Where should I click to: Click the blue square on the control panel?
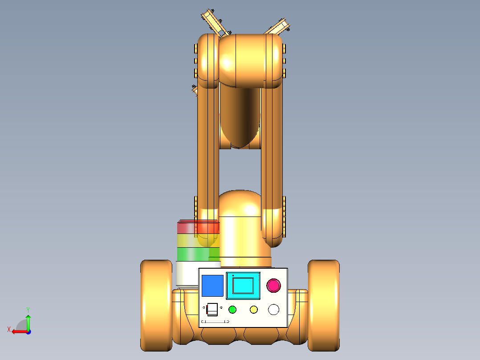[x=212, y=286]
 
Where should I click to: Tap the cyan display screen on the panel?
[x=243, y=286]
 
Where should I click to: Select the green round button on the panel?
[x=232, y=310]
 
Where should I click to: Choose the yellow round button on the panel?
[x=254, y=310]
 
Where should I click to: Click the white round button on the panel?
[x=274, y=310]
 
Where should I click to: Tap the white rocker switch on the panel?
[x=212, y=309]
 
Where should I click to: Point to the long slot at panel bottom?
[x=215, y=321]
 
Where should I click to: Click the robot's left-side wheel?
[x=156, y=306]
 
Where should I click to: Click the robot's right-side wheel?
[x=324, y=306]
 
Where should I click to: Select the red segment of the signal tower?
[x=198, y=227]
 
